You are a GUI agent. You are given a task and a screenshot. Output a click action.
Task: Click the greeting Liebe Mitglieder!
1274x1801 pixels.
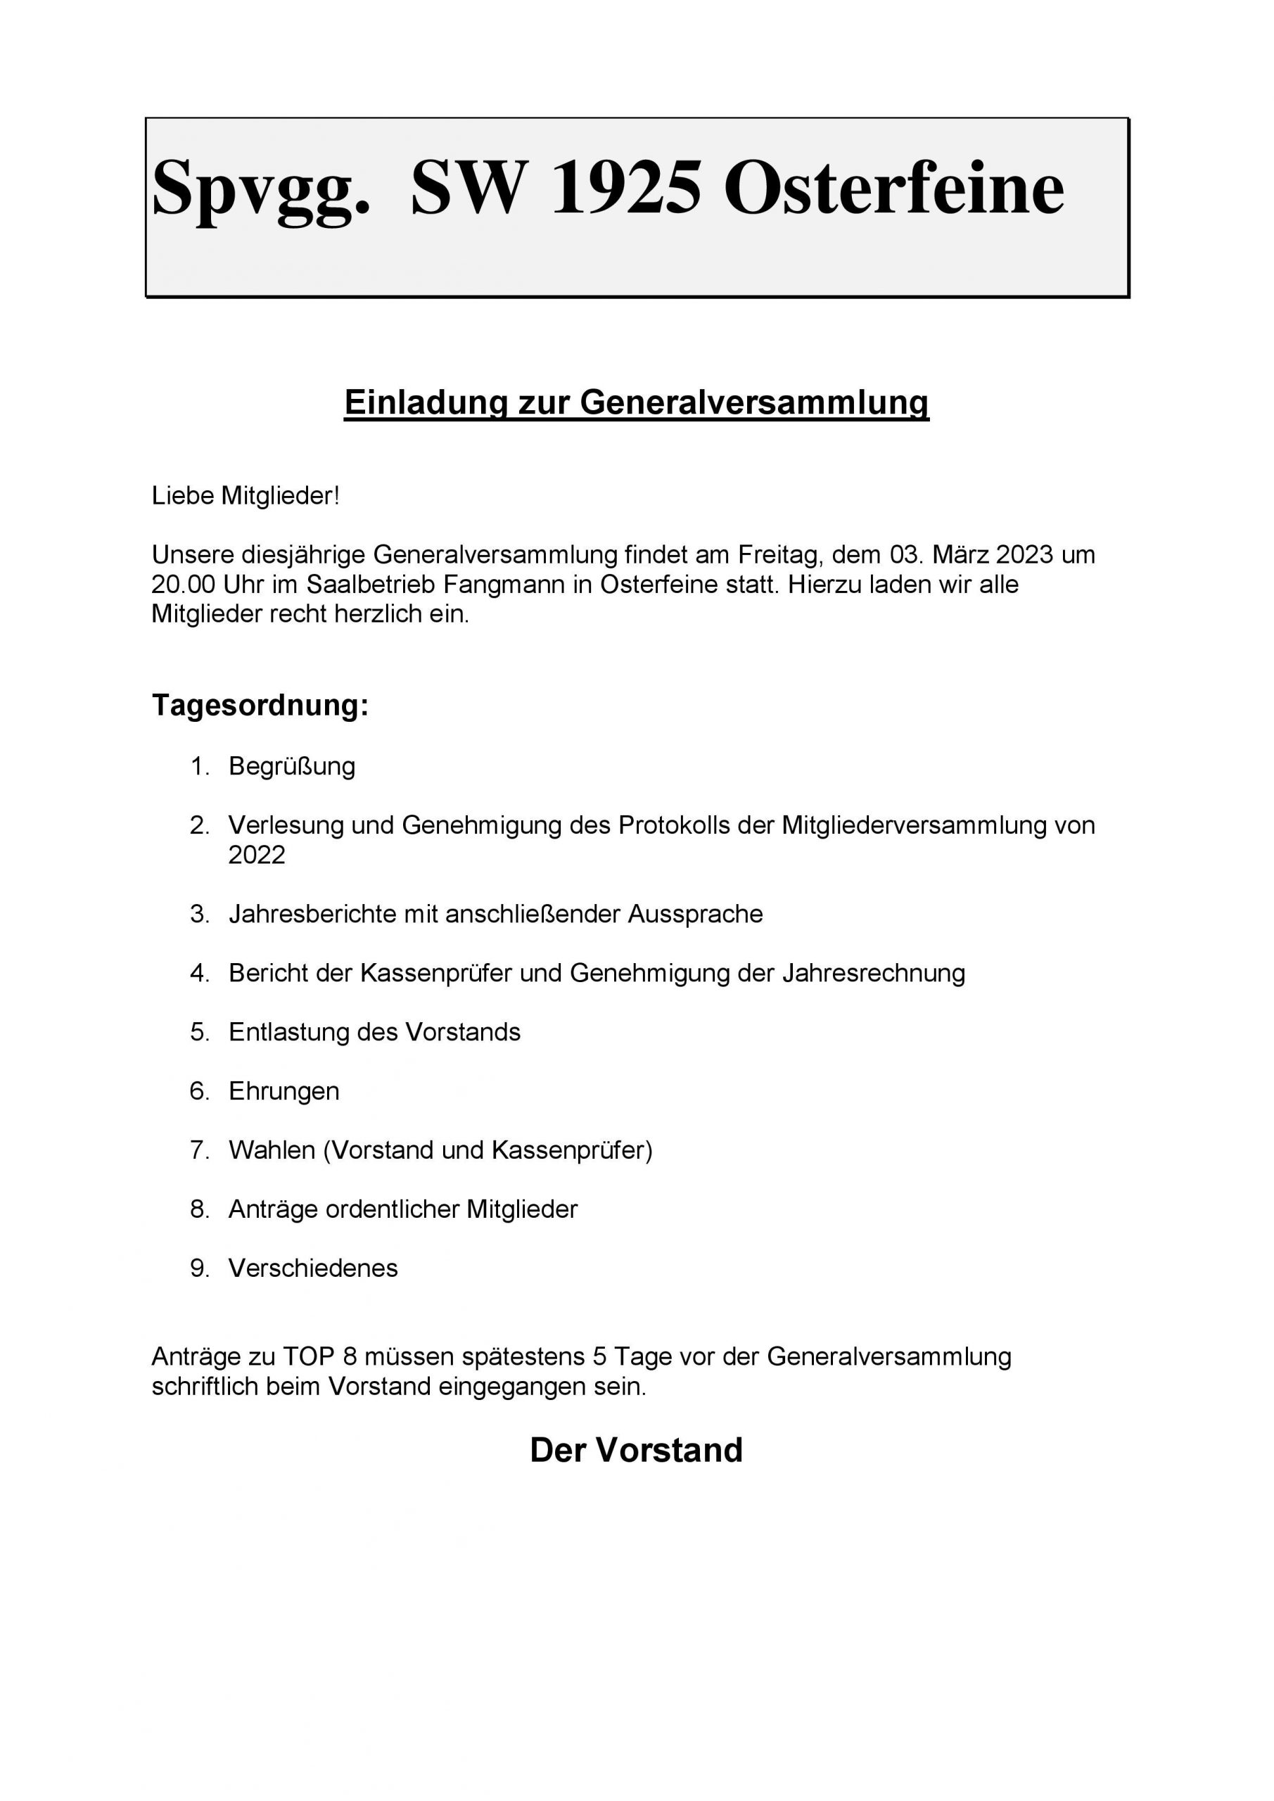pos(246,496)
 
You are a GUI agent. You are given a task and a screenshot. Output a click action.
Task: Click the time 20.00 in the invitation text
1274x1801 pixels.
pos(184,585)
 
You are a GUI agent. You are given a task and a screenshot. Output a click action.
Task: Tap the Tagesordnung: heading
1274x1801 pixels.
pos(260,704)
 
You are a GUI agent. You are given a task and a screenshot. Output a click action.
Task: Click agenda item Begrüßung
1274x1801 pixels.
pos(292,765)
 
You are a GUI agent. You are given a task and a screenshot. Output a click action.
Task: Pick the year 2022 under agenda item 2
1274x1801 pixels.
pos(257,854)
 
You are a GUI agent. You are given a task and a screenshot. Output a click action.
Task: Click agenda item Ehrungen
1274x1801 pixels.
pos(284,1091)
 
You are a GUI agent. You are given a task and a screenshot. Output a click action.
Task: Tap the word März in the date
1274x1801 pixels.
pos(961,554)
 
